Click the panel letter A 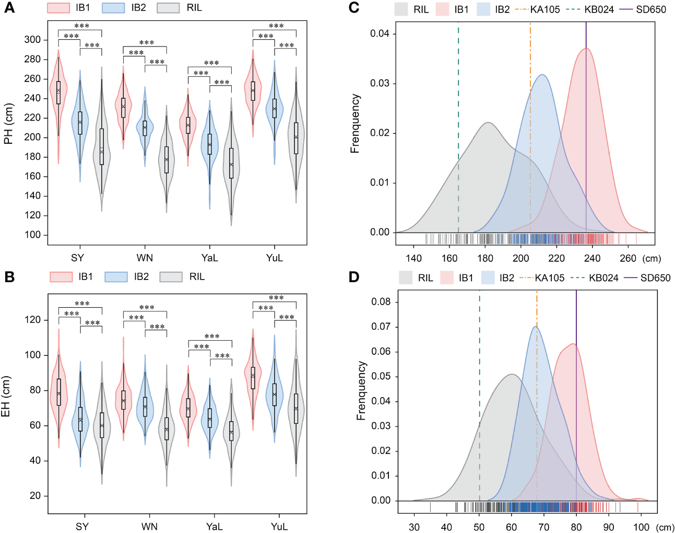click(x=9, y=8)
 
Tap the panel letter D click(x=354, y=276)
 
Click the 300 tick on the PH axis click(x=32, y=40)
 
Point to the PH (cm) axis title click(x=8, y=124)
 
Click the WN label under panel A click(x=145, y=258)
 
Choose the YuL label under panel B click(x=279, y=526)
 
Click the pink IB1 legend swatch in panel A click(x=58, y=8)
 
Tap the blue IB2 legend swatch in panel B click(x=116, y=276)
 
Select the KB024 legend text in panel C click(x=599, y=9)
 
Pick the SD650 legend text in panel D click(x=655, y=278)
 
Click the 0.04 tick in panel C click(x=380, y=34)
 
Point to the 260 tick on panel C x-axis click(x=628, y=258)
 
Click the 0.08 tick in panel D click(x=381, y=302)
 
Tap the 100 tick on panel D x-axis click(x=641, y=527)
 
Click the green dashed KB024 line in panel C click(x=458, y=131)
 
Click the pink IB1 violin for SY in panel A click(x=58, y=94)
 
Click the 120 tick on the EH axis click(x=32, y=320)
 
